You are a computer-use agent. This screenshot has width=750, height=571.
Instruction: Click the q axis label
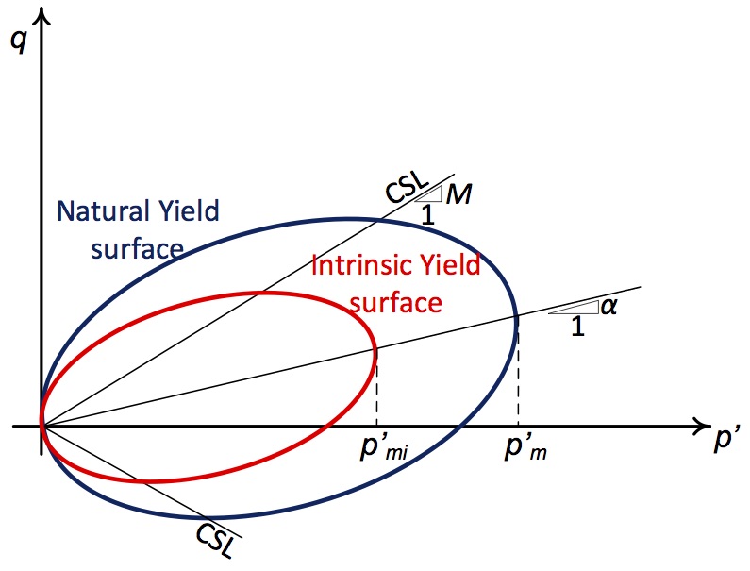[x=18, y=42]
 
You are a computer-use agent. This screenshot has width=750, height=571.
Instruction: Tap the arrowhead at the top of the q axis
[x=43, y=16]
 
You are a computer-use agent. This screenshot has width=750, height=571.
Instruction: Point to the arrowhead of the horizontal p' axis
[x=701, y=426]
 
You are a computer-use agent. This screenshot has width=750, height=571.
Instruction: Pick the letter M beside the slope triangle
[x=458, y=193]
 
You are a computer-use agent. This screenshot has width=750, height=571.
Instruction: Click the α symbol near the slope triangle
[x=608, y=307]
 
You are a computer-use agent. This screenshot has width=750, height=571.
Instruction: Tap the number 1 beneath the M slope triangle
[x=427, y=214]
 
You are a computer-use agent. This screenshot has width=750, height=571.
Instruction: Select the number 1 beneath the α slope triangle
[x=577, y=326]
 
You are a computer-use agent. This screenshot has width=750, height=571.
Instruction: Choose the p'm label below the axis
[x=525, y=447]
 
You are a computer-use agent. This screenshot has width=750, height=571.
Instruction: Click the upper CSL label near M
[x=407, y=188]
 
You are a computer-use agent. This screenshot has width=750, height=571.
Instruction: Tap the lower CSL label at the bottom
[x=216, y=541]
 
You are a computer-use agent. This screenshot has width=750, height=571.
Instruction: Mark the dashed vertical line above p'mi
[x=377, y=388]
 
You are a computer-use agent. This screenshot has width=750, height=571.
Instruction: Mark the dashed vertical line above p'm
[x=519, y=370]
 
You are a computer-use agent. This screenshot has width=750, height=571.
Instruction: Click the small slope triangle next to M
[x=430, y=194]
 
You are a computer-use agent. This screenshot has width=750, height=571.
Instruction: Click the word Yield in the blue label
[x=189, y=210]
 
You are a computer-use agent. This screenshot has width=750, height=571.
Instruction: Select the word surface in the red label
[x=396, y=303]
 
